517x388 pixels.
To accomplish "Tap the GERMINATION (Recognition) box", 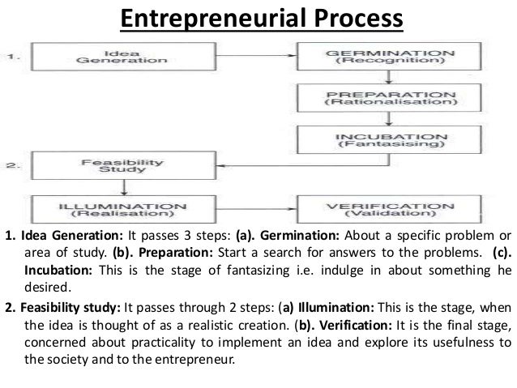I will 388,54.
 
